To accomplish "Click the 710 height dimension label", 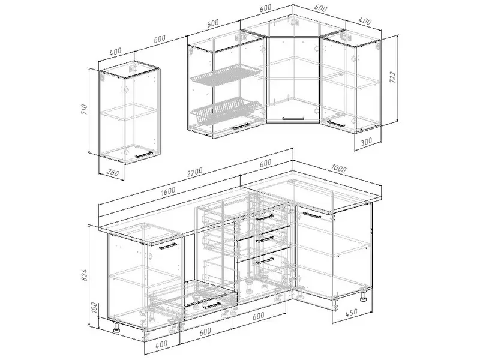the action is coord(85,109).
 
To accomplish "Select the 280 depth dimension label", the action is coord(113,173).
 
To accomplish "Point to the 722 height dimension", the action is coord(393,77).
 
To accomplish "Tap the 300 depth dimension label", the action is coord(366,141).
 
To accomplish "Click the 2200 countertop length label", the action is coord(194,172).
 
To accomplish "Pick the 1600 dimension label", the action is coord(168,190).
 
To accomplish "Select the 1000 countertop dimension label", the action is coord(339,169).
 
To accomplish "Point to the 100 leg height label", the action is coord(94,308).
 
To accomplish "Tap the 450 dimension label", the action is coord(351,313).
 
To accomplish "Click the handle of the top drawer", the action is coord(265,218).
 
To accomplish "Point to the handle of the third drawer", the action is coord(265,260).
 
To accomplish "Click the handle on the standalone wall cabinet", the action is coord(144,155).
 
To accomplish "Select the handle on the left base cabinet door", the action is coord(168,247).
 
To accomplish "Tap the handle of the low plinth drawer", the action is coord(212,305).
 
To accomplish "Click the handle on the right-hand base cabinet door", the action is coord(311,214).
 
